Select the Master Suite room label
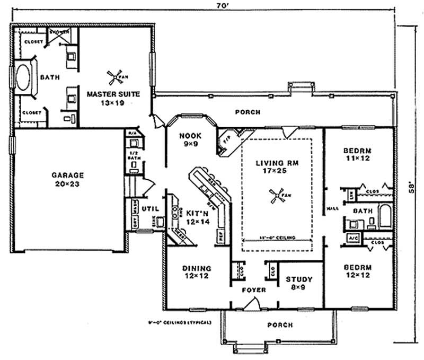pyautogui.click(x=113, y=98)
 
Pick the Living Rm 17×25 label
pyautogui.click(x=275, y=166)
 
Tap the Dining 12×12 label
pyautogui.click(x=197, y=272)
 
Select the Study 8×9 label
pyautogui.click(x=299, y=283)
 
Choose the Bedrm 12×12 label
pyautogui.click(x=359, y=271)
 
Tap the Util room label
pyautogui.click(x=145, y=208)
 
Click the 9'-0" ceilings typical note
pyautogui.click(x=180, y=322)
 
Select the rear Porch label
pyautogui.click(x=248, y=112)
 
